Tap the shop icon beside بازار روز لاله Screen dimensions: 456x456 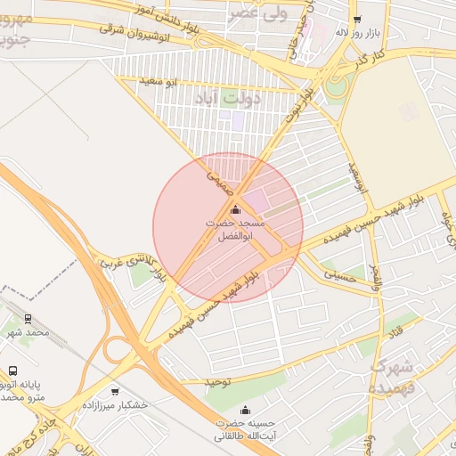point(357,19)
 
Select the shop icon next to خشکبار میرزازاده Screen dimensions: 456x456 point(115,391)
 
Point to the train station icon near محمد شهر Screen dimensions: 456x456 point(28,318)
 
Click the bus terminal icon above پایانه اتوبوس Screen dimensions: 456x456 point(12,370)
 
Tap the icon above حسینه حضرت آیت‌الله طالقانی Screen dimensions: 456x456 point(221,410)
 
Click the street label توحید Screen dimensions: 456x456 point(217,382)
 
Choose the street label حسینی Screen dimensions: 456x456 point(339,277)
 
